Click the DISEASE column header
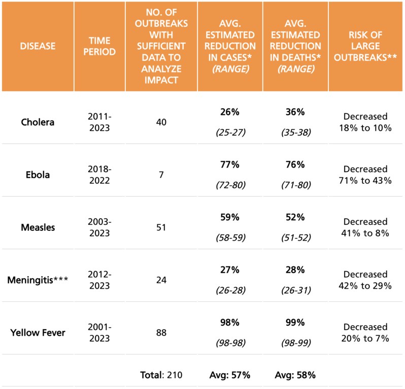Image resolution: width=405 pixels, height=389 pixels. coord(38,46)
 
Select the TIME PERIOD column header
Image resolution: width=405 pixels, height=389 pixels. coord(99,46)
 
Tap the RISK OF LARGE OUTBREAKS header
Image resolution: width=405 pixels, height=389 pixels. coord(365,46)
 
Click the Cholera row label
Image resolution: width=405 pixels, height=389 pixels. coord(38,122)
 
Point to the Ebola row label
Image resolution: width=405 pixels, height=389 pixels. coord(38,175)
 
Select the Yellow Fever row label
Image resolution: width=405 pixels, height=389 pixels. coord(38,333)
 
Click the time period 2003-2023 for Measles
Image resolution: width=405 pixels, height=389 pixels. coord(99,227)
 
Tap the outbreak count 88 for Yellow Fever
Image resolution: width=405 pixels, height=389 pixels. coord(160,333)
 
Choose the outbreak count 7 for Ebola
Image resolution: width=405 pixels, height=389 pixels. coord(160,175)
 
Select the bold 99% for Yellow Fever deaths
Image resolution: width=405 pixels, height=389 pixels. coord(295,322)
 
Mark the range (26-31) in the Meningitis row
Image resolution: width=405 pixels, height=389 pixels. coord(295,290)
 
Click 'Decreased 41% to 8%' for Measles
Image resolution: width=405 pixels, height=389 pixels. coord(365,227)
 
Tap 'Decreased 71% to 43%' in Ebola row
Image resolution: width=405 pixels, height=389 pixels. coord(365,175)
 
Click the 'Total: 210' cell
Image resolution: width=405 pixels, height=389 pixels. coord(160,375)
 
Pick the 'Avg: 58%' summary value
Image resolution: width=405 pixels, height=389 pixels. coord(295,375)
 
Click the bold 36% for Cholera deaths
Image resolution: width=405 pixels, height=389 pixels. coord(295,111)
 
